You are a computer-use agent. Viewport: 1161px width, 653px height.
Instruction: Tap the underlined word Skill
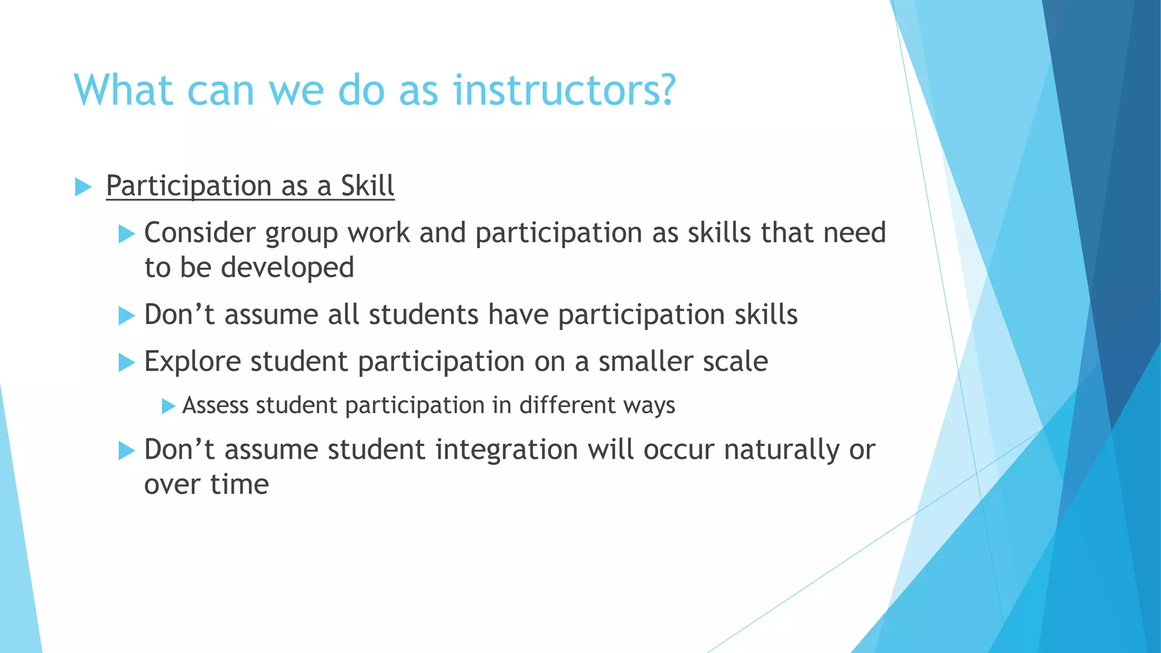367,186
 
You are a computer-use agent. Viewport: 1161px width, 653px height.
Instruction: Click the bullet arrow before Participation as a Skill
83,187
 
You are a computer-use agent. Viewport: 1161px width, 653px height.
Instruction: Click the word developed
287,268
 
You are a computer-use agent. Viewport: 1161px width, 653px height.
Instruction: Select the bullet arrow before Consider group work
126,234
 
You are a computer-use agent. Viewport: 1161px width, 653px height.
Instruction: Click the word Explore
193,362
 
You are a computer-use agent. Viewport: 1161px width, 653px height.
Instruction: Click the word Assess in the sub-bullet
215,405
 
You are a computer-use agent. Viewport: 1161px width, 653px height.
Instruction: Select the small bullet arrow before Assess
168,406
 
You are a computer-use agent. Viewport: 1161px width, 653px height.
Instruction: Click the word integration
507,450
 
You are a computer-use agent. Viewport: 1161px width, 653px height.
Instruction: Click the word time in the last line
239,485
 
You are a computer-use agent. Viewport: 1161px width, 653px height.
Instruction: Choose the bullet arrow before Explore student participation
126,362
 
